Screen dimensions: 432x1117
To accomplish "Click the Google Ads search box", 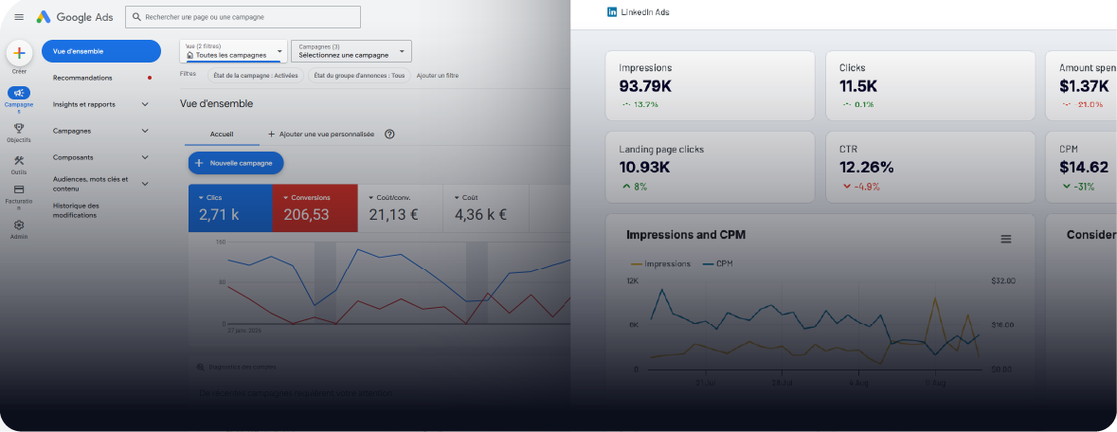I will click(243, 17).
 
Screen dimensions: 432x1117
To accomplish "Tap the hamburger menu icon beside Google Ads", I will click(19, 17).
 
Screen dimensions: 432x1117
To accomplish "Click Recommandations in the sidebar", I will click(82, 78).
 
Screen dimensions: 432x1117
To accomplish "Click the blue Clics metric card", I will click(230, 207).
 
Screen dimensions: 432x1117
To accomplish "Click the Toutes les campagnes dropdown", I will click(233, 51).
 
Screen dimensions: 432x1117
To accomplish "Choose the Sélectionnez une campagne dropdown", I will click(351, 51).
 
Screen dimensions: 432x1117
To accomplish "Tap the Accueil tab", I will click(221, 135).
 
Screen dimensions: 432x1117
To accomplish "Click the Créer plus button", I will click(19, 54).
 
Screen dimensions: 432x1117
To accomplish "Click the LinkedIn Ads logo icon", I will click(612, 12).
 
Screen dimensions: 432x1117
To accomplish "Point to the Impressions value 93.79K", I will click(645, 86).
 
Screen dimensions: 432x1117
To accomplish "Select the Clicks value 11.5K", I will click(859, 86).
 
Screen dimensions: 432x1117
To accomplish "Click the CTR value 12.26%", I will click(866, 168).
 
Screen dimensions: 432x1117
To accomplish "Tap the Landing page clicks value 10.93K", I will click(644, 168).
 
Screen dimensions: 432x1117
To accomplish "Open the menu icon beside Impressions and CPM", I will click(1006, 240).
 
